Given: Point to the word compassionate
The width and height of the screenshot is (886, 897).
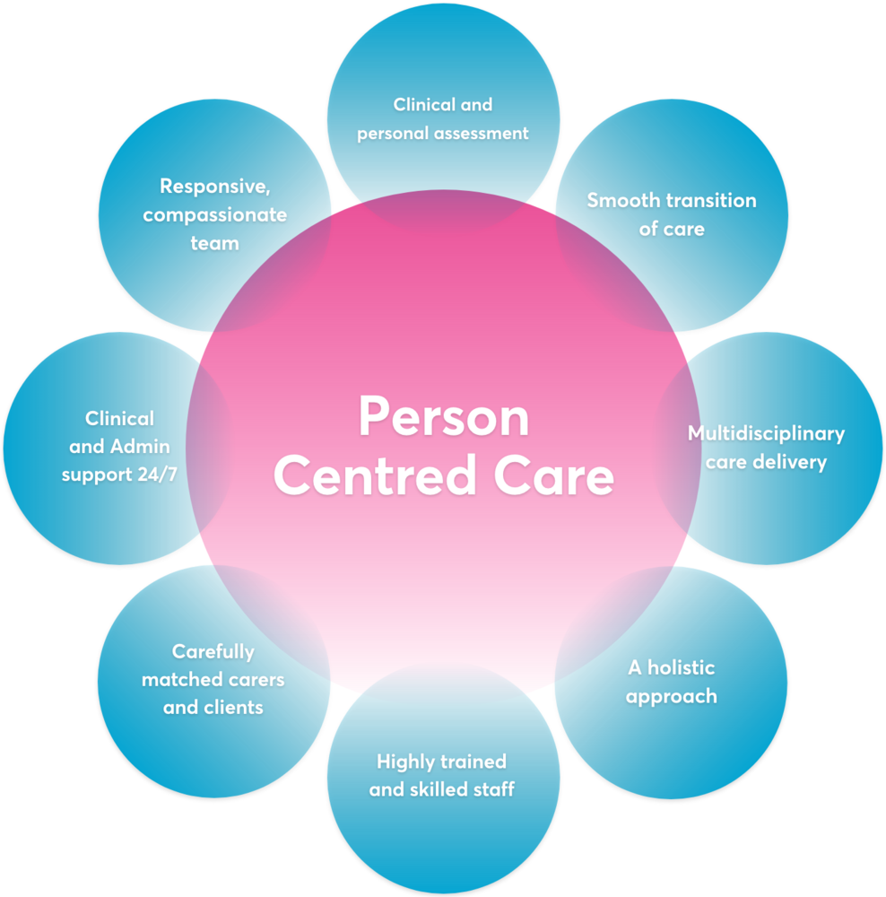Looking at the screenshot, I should [214, 214].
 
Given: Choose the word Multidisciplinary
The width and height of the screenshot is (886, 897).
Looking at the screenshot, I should [766, 434].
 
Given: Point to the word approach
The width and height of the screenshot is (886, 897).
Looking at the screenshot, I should [672, 696].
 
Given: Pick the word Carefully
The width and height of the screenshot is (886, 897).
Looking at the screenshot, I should [213, 651].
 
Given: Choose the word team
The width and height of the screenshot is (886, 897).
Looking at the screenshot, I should [214, 243].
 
